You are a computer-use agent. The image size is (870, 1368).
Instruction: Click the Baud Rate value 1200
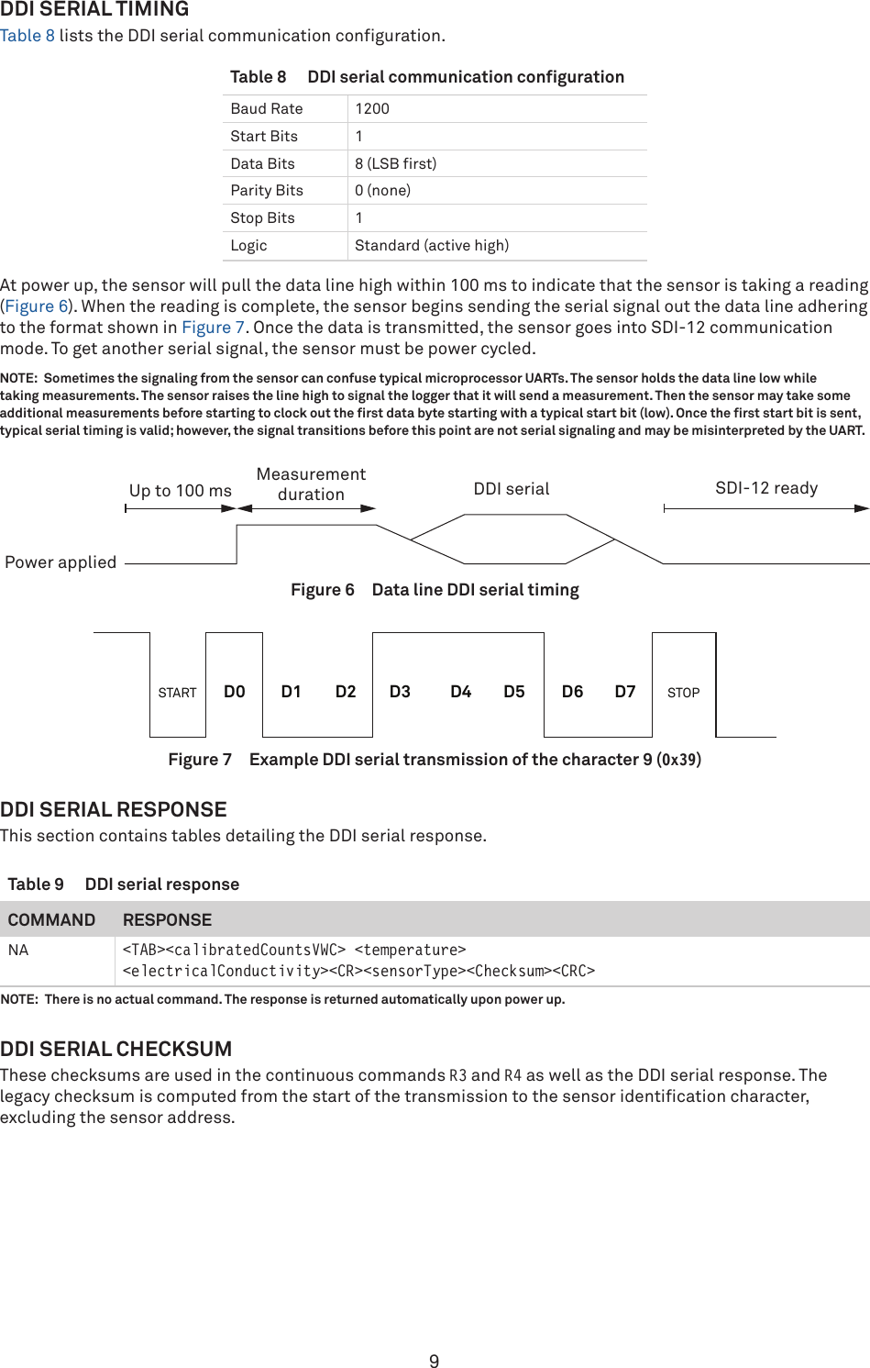(372, 108)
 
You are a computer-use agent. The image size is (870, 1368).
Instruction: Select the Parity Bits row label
(267, 190)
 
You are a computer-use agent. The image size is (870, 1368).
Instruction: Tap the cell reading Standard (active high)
(432, 245)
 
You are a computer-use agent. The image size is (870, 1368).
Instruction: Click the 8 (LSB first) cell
(396, 163)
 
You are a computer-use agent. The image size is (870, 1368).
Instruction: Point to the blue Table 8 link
(28, 36)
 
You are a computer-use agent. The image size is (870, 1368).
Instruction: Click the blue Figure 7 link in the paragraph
(213, 328)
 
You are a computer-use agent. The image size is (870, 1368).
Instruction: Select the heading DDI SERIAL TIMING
(94, 9)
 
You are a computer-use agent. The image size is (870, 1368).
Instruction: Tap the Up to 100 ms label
(181, 491)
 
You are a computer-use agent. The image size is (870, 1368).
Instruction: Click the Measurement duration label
(311, 484)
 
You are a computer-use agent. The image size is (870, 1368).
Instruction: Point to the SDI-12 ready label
(766, 488)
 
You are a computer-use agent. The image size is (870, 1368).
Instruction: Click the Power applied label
(61, 562)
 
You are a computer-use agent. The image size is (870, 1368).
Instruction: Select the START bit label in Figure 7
(177, 693)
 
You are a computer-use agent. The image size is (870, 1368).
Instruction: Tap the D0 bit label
(235, 692)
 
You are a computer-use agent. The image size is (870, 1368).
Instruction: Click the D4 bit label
(460, 692)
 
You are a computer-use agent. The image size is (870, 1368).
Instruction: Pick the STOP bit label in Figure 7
(683, 693)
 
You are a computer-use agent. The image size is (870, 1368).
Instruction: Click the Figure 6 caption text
(435, 590)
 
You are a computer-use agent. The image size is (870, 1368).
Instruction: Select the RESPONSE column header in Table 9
(167, 919)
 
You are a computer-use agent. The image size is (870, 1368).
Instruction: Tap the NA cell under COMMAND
(18, 951)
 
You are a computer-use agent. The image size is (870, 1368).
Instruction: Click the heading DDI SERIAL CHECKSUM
(116, 1049)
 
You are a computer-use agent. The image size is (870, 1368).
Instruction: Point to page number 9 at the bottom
(435, 1362)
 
